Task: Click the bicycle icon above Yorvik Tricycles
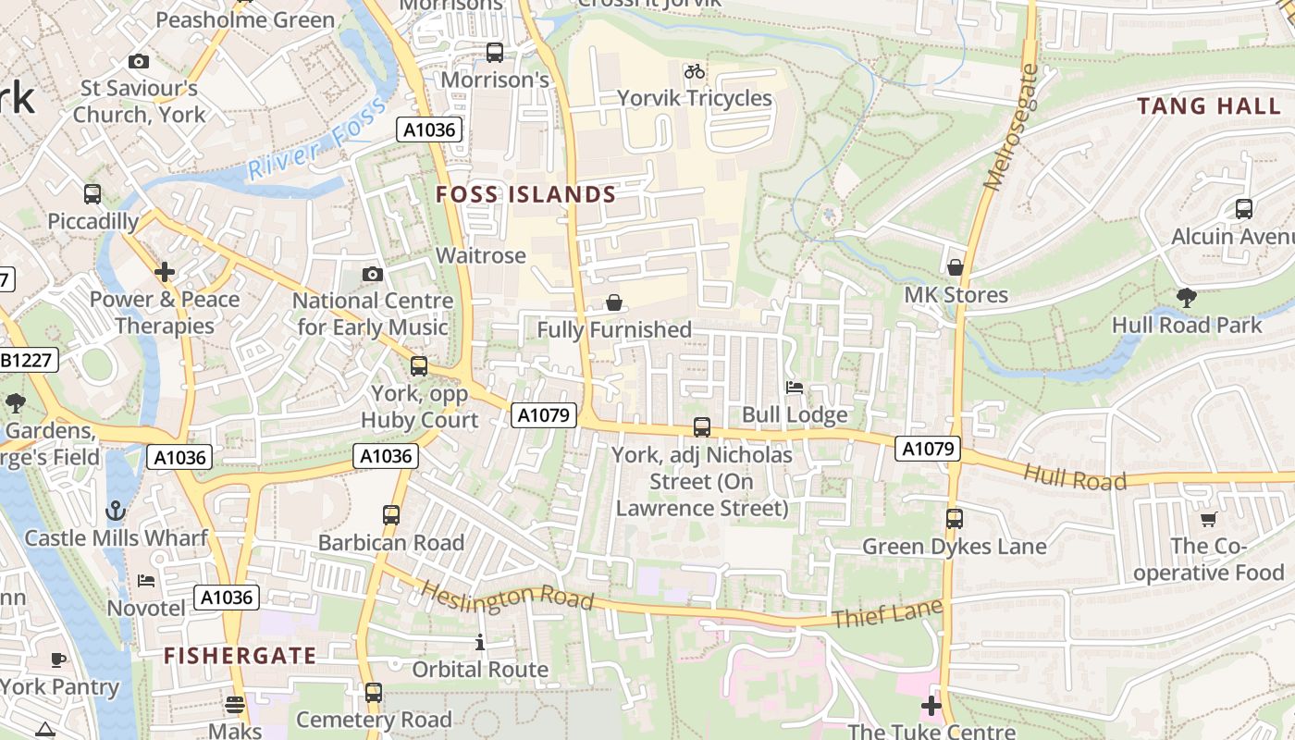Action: point(694,71)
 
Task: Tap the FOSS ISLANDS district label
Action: point(525,194)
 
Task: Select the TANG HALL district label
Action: point(1209,105)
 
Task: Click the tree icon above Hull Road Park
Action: point(1187,298)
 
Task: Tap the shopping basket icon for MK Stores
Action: point(956,267)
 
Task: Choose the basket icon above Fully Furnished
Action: point(613,302)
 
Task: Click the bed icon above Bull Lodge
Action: point(795,388)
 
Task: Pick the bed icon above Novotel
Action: point(146,581)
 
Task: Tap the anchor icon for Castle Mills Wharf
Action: point(116,511)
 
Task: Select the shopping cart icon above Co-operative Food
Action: point(1208,519)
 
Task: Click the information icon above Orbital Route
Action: point(480,642)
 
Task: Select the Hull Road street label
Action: point(1075,477)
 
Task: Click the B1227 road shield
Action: point(28,360)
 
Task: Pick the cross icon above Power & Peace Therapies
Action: point(165,272)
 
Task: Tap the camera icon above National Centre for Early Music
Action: point(373,274)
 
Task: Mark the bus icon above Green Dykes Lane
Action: point(955,519)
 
